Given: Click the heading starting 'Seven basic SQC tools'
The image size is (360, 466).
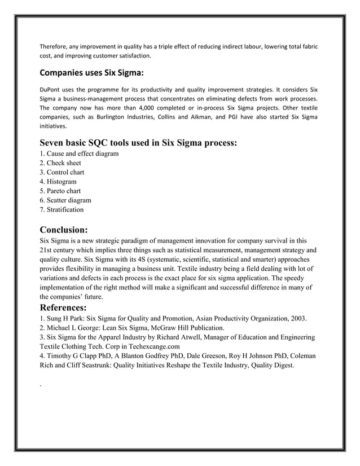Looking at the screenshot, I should [138, 143].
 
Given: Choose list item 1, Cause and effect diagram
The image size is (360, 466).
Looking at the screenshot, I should [79, 154].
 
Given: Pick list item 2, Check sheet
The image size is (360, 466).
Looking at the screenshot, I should [60, 163].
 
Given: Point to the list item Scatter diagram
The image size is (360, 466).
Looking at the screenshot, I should [65, 200].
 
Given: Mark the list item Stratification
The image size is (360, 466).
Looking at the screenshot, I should [62, 209].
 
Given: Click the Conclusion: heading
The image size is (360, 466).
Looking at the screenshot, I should [64, 230].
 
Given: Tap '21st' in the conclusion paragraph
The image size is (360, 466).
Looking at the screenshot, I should [46, 249].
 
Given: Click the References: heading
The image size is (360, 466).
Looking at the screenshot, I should [63, 307].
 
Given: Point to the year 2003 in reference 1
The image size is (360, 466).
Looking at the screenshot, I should [297, 318].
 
